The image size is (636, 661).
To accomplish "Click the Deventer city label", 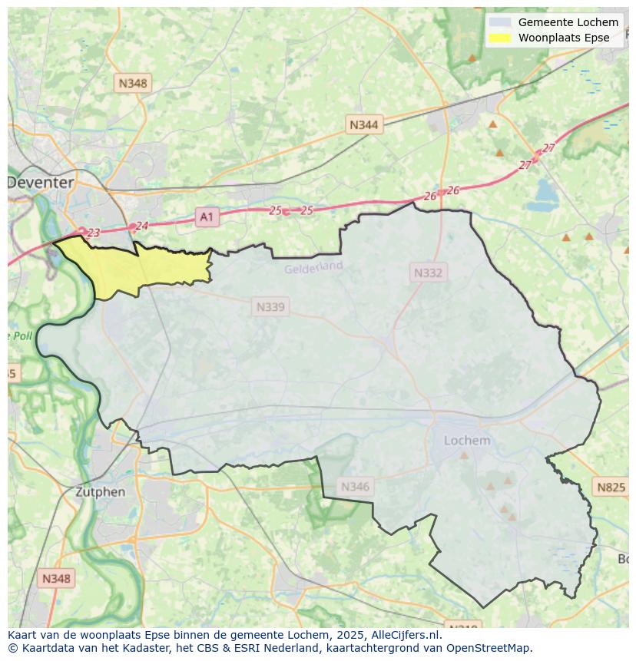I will click(x=41, y=183).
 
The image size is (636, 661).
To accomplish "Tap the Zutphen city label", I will click(x=101, y=491).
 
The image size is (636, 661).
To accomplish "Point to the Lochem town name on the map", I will click(x=467, y=440).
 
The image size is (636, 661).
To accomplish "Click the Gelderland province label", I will click(x=313, y=267).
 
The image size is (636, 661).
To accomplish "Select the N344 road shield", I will click(x=363, y=124).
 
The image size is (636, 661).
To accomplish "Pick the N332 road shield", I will click(x=428, y=273).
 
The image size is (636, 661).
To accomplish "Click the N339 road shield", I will click(x=270, y=307).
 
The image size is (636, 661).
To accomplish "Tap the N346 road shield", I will click(x=355, y=486).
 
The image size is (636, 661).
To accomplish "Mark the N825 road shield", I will click(x=611, y=487).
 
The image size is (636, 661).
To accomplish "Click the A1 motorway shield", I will click(x=207, y=217).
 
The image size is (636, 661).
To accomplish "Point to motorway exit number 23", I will click(x=94, y=233).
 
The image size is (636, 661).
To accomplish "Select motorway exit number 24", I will click(x=141, y=226).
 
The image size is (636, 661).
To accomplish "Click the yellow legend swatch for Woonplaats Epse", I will click(x=499, y=38).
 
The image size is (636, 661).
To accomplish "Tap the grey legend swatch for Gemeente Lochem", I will click(x=499, y=22).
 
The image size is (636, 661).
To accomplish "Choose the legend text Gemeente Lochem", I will click(x=568, y=22).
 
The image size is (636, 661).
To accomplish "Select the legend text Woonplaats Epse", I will click(x=564, y=38).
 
